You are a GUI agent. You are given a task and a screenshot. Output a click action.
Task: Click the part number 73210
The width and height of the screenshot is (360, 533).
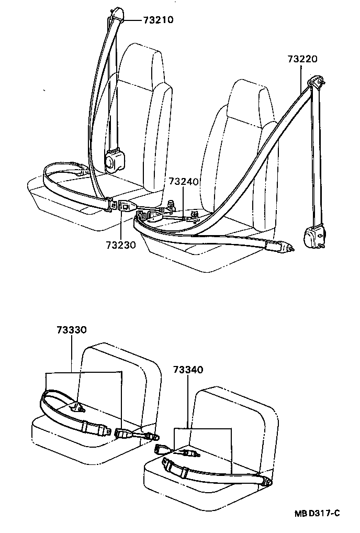tap(158, 20)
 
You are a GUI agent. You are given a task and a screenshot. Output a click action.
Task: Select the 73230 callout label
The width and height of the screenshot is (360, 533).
tap(121, 245)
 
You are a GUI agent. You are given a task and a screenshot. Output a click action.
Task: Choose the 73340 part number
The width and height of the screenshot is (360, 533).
tap(188, 370)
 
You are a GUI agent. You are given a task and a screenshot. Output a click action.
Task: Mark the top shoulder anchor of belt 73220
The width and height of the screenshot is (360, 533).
tap(316, 82)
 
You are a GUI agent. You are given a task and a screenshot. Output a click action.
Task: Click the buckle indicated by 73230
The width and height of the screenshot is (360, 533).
tap(126, 206)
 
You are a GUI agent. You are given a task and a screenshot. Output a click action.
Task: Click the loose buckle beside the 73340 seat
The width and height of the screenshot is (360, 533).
tap(162, 449)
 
